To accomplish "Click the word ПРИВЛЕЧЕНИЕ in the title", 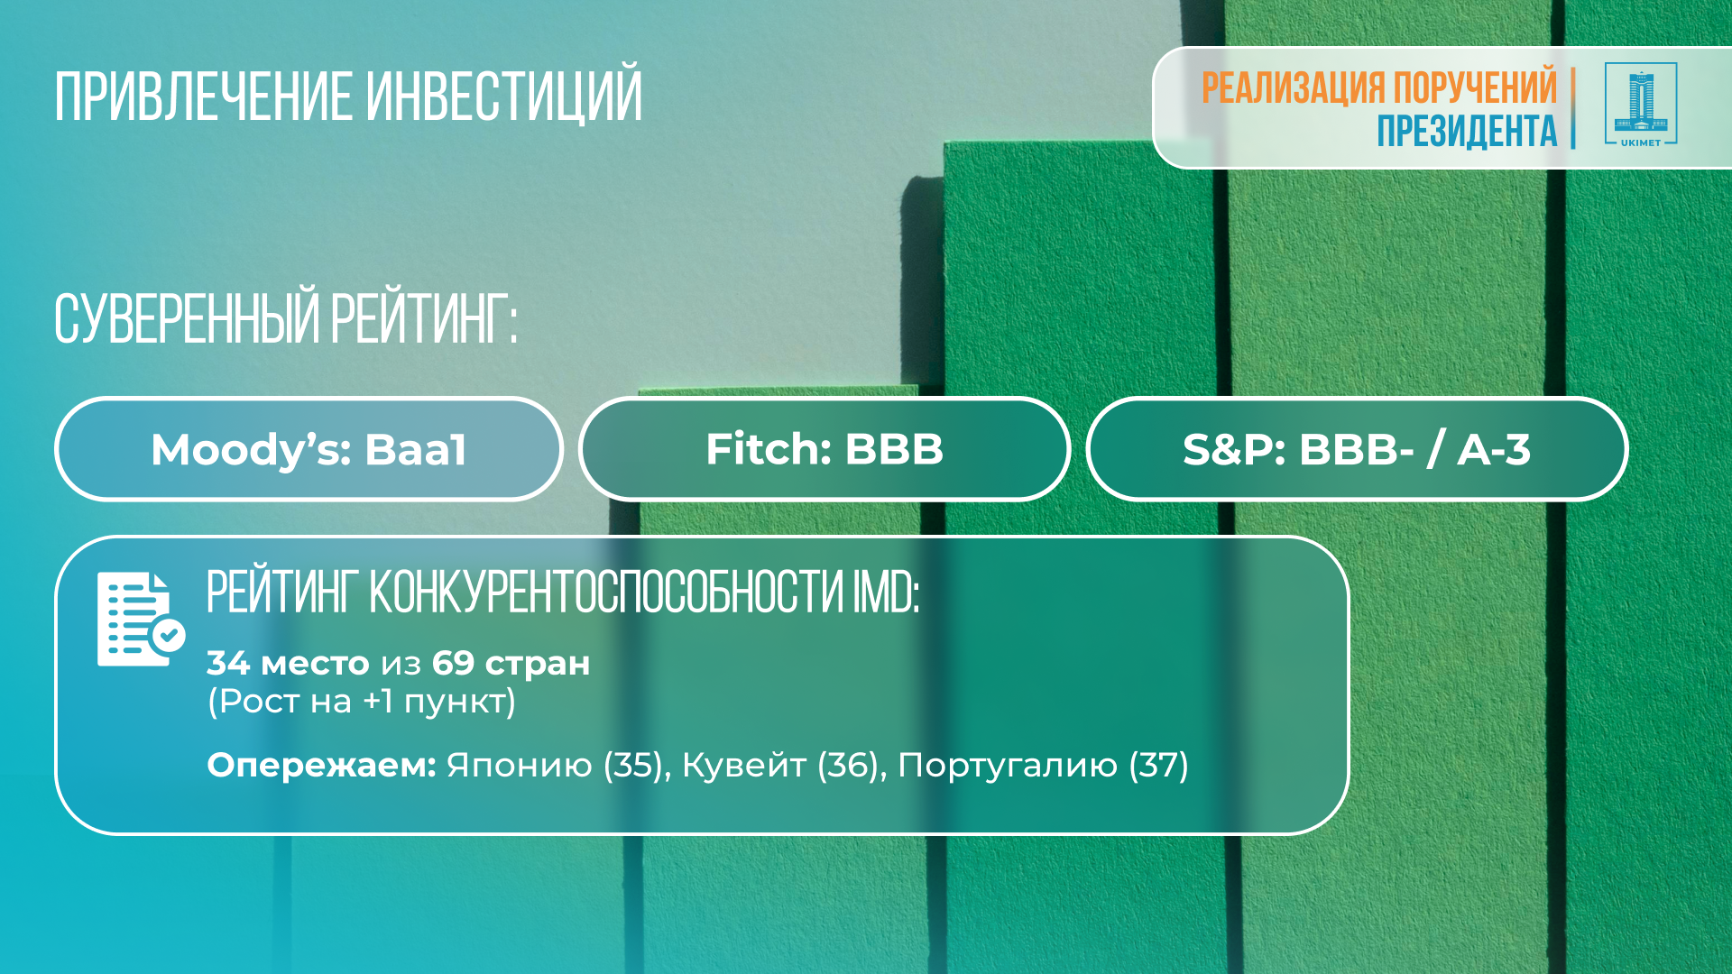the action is click(x=204, y=96).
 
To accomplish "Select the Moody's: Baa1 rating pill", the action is click(x=309, y=449).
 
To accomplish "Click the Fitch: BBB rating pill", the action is click(x=825, y=449).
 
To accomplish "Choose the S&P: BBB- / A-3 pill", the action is click(x=1357, y=449).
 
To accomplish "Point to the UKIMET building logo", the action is click(x=1640, y=105).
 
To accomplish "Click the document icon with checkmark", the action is click(x=141, y=620).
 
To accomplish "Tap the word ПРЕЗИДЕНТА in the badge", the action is click(x=1467, y=131).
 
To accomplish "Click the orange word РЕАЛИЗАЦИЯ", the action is click(x=1293, y=87).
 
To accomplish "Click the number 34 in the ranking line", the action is click(x=228, y=663).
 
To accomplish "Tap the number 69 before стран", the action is click(x=453, y=663).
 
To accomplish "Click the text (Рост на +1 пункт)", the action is click(x=362, y=702).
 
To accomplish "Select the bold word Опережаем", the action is click(x=322, y=766).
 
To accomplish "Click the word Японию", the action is click(x=520, y=766).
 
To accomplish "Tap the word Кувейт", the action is click(x=744, y=766).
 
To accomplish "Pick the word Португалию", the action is click(x=1008, y=766).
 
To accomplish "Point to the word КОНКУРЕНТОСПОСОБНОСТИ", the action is click(x=606, y=593).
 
